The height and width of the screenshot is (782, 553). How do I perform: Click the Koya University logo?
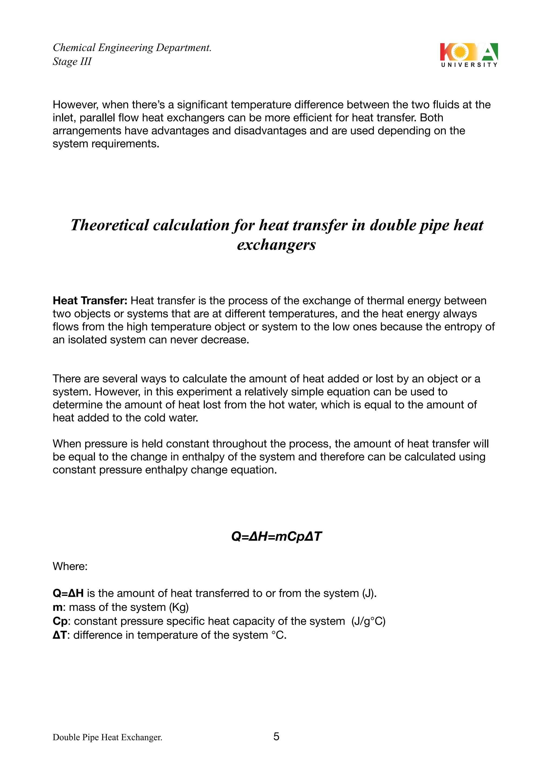click(x=469, y=55)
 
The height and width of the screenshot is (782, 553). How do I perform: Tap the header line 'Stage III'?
click(x=72, y=62)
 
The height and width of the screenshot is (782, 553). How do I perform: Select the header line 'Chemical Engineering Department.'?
click(x=132, y=48)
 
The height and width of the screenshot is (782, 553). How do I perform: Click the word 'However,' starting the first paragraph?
click(x=76, y=105)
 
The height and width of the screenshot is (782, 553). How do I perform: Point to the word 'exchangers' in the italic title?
click(x=276, y=245)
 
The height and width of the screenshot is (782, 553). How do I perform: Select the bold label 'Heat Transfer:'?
click(x=90, y=301)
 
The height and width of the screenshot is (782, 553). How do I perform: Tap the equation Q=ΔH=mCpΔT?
click(x=276, y=537)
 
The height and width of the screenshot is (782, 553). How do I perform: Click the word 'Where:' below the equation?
click(x=70, y=567)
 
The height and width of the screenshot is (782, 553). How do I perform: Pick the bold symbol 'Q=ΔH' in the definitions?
click(x=68, y=593)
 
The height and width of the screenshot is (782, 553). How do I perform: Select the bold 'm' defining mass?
click(x=57, y=607)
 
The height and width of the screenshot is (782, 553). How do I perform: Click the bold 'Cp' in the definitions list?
click(x=60, y=621)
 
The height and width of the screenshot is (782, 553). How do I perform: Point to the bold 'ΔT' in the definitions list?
click(x=60, y=635)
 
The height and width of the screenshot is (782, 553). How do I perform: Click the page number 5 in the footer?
click(x=276, y=737)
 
